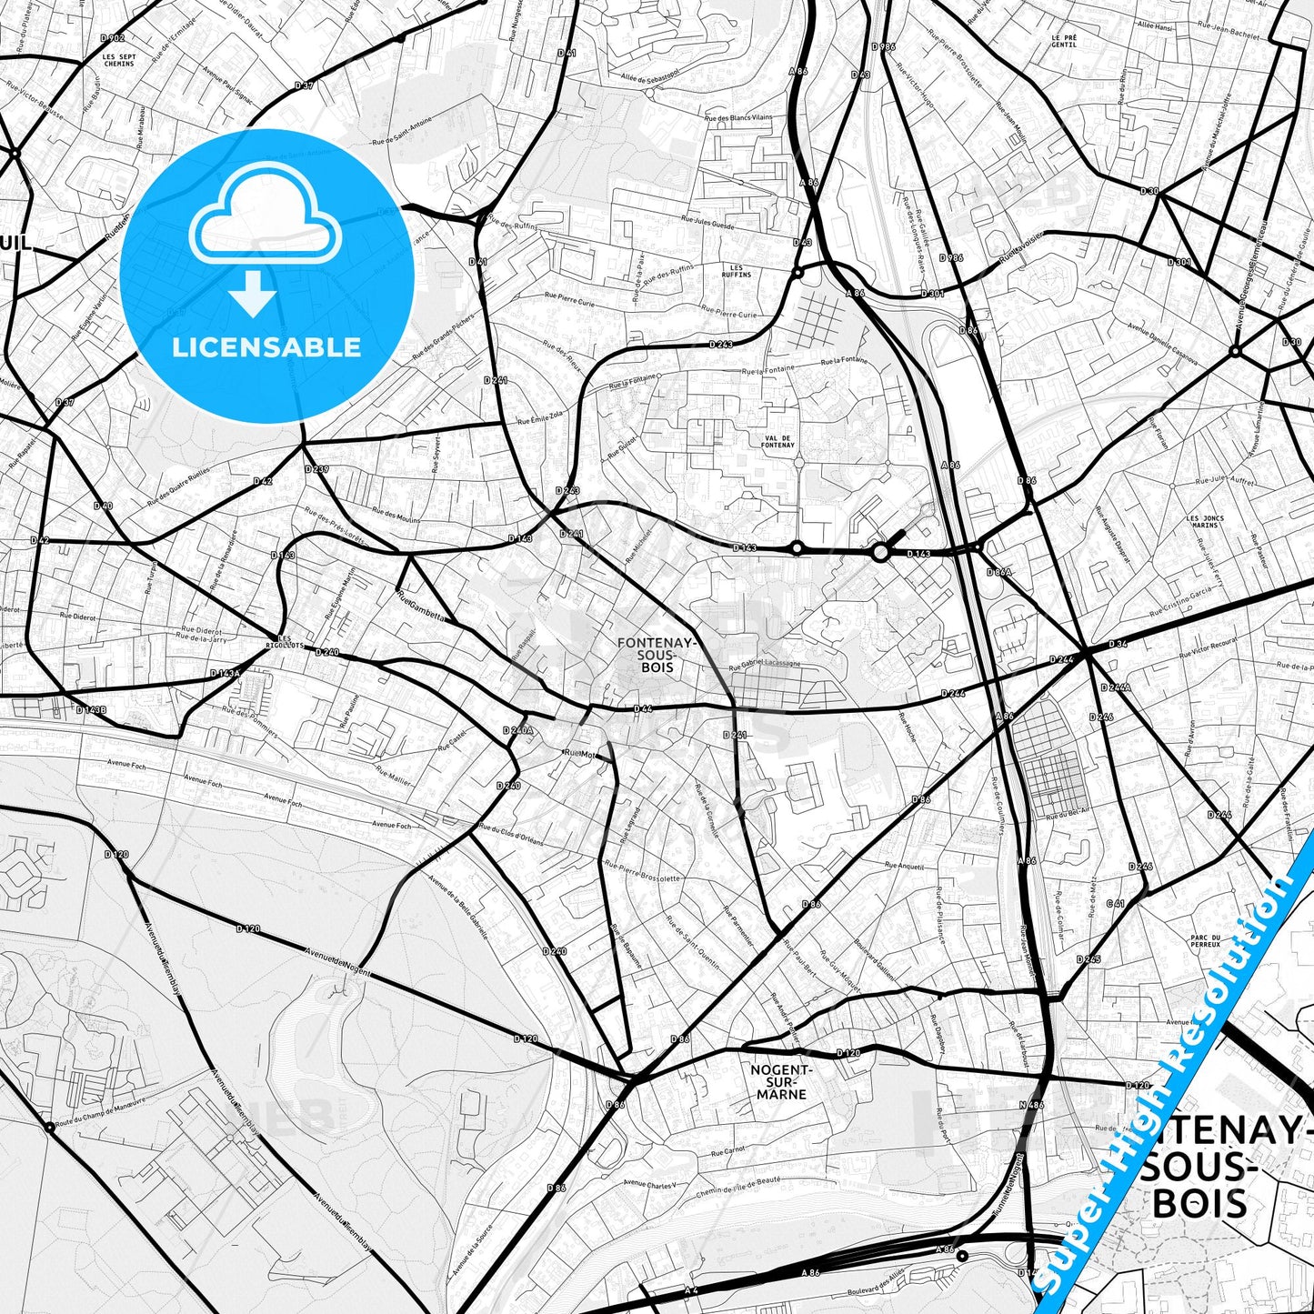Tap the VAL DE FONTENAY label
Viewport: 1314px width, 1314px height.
(x=779, y=441)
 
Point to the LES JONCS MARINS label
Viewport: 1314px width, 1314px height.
(x=1205, y=521)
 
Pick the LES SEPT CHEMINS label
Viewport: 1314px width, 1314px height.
(x=119, y=60)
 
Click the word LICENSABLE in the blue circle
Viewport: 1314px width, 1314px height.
(x=266, y=347)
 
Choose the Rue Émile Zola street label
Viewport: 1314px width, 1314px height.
(x=540, y=417)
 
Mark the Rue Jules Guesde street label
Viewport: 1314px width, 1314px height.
(x=707, y=221)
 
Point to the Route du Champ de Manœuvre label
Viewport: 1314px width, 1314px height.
(x=100, y=1115)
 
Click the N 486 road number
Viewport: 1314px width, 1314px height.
(x=1029, y=1105)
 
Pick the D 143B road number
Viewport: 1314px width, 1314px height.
(x=91, y=709)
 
